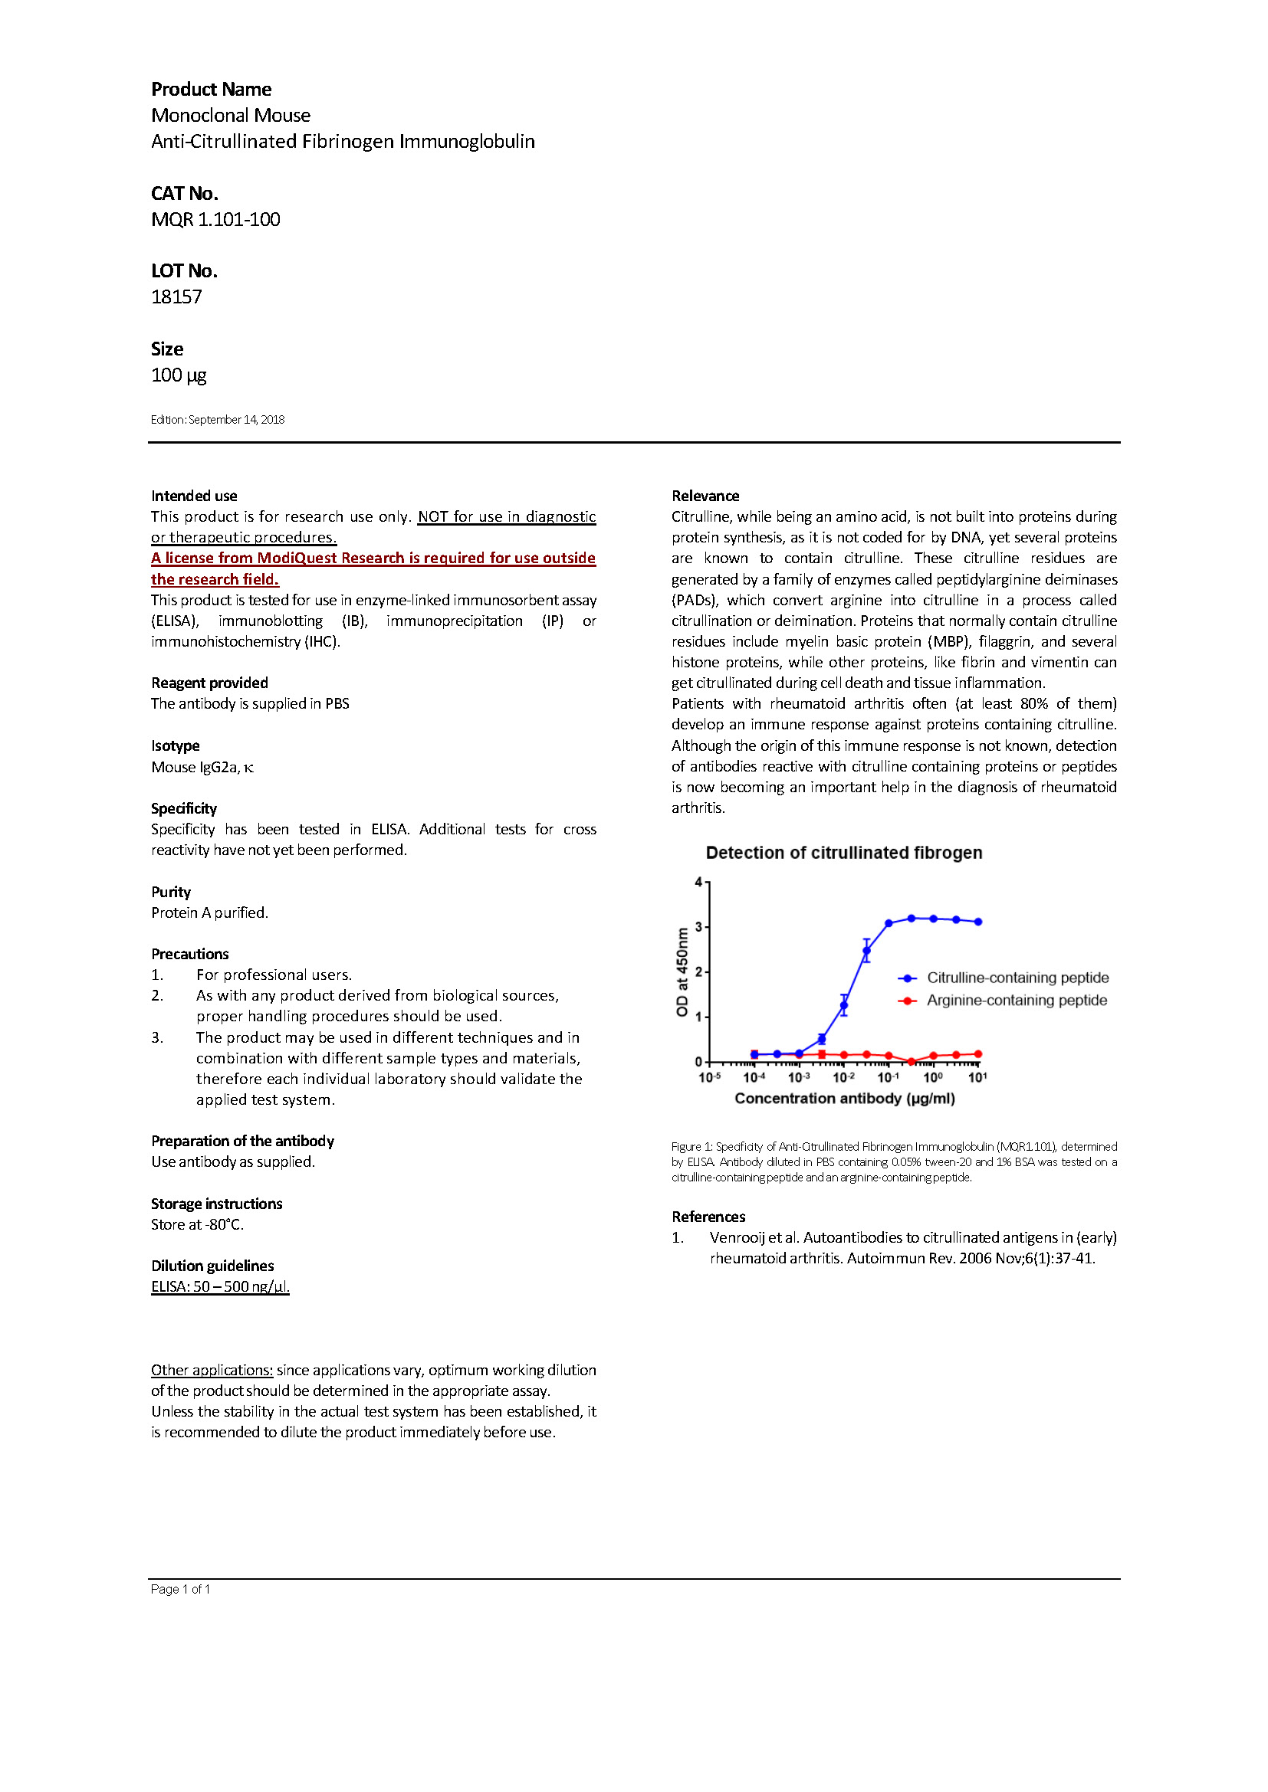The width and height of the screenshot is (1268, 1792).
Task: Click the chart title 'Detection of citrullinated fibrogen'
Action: [843, 852]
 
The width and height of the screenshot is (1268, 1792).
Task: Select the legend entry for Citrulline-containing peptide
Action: [1017, 977]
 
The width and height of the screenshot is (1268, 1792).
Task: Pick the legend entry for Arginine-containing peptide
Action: [1016, 1000]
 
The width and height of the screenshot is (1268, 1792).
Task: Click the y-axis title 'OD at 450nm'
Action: [682, 971]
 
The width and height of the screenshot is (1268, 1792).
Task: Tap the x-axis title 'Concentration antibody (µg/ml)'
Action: [844, 1098]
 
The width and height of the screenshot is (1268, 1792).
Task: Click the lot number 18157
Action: [176, 296]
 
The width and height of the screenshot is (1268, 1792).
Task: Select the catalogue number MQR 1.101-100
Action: [215, 219]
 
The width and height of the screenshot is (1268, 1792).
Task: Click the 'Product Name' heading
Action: [211, 89]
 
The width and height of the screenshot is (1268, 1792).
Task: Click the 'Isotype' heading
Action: [175, 745]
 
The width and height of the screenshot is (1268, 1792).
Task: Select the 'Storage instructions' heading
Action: [216, 1204]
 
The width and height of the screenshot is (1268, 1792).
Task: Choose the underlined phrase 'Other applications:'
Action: [212, 1370]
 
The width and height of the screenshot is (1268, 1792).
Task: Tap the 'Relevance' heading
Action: [705, 496]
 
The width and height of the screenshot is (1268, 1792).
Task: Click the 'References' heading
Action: [708, 1217]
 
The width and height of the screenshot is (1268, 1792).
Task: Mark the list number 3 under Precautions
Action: [156, 1037]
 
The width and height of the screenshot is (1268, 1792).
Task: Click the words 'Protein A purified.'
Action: [209, 912]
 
